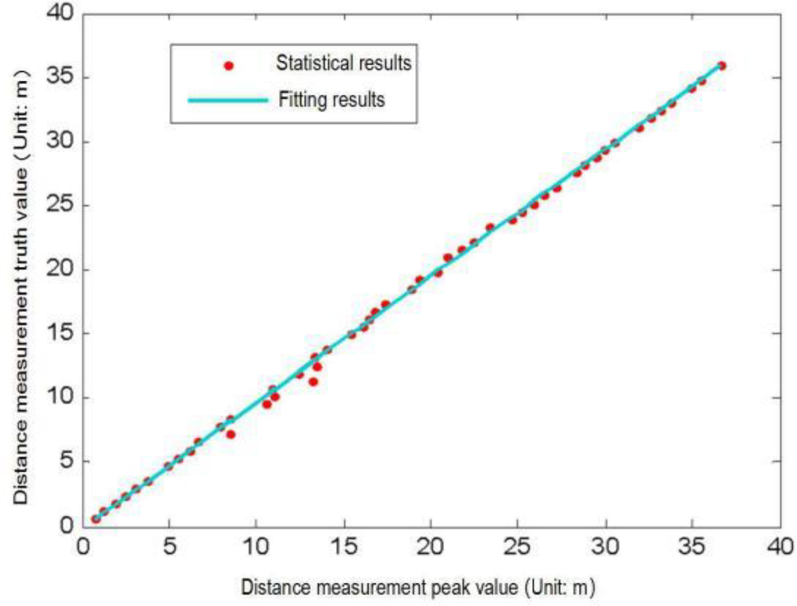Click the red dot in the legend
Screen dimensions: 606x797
click(229, 66)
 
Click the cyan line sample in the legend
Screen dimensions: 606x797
click(228, 100)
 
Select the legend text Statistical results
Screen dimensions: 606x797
click(344, 63)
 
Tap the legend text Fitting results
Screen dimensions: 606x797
click(331, 99)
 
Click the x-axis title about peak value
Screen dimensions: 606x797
click(418, 588)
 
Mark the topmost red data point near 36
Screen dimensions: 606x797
click(721, 66)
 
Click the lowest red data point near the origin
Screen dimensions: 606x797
click(96, 518)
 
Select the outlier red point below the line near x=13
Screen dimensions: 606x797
click(313, 382)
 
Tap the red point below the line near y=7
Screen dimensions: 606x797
click(231, 434)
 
